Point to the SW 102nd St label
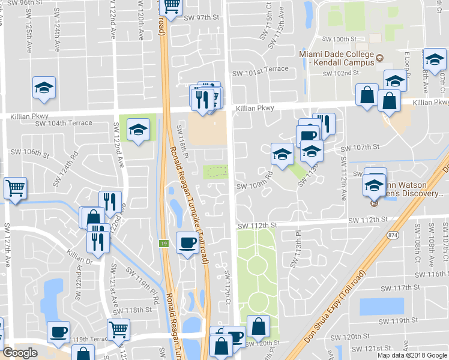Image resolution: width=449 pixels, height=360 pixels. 340,73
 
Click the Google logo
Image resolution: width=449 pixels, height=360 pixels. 20,353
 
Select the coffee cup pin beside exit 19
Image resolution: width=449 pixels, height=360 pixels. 187,243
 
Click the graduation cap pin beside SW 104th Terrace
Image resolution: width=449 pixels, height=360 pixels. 138,130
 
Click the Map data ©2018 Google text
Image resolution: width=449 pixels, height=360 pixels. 412,355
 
